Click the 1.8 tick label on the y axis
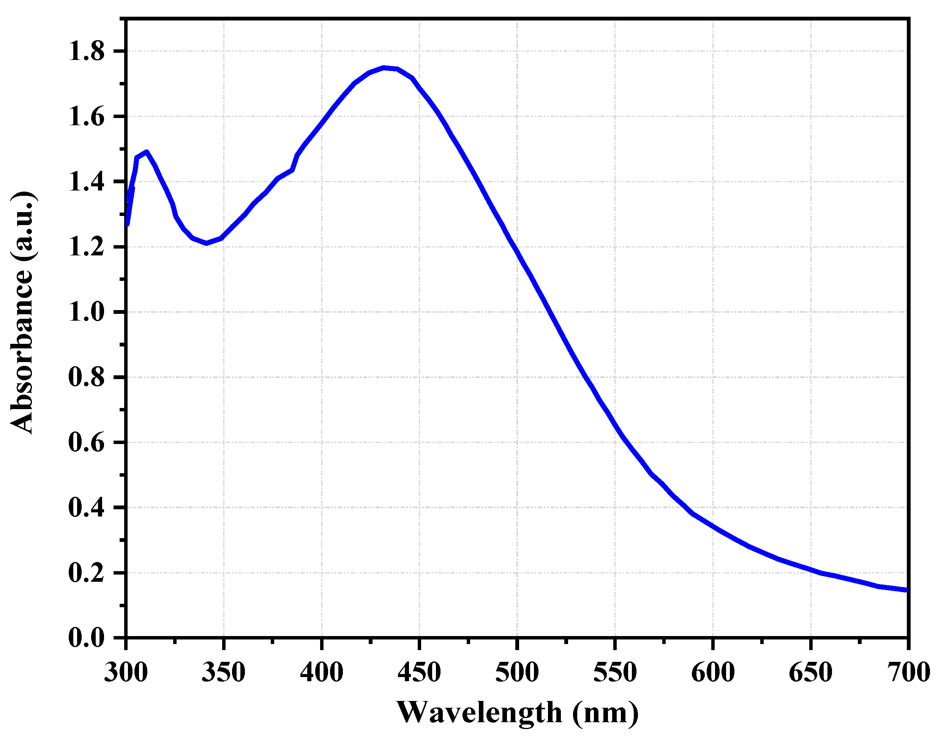point(86,52)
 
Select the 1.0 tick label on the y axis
point(86,312)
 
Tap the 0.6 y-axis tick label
point(86,443)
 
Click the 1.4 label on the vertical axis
point(86,182)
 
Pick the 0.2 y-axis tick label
point(86,573)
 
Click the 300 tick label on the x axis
point(126,672)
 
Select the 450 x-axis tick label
point(419,672)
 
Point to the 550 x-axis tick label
point(615,672)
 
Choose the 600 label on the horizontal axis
point(713,672)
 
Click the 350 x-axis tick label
point(224,672)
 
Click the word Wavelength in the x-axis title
point(479,712)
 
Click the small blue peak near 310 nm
point(147,152)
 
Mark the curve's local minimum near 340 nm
point(207,243)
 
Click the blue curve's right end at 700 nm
point(906,590)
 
